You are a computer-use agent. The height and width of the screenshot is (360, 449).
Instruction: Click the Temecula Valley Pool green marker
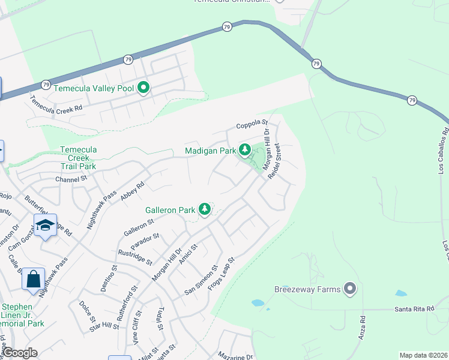143,88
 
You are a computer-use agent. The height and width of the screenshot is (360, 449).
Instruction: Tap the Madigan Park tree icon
244,150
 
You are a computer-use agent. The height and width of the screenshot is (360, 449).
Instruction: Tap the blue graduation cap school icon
45,226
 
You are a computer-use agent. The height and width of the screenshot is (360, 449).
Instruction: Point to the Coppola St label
251,125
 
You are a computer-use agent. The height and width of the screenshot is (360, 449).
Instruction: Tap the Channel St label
71,178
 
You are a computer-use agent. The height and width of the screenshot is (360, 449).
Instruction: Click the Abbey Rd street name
133,193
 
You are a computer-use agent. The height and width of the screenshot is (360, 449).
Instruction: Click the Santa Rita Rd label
414,308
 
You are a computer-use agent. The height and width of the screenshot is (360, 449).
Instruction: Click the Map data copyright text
423,355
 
